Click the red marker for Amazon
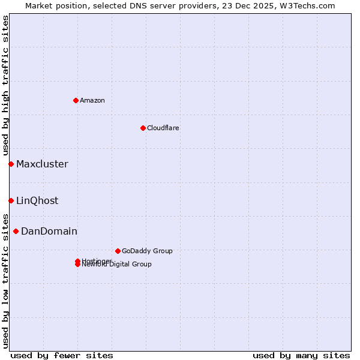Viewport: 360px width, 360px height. (76, 100)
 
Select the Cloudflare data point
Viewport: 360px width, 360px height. (143, 128)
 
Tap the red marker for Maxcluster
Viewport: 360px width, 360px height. (11, 164)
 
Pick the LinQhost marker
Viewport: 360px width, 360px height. (11, 200)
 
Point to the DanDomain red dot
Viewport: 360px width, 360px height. (16, 231)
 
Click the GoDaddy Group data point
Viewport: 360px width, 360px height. (118, 251)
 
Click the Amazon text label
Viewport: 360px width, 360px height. (92, 100)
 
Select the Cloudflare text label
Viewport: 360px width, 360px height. (163, 128)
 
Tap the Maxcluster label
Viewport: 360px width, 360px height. (42, 164)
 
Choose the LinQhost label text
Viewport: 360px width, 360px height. (37, 200)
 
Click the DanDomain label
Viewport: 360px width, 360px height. (49, 231)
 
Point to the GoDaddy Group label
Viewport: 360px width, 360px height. (147, 251)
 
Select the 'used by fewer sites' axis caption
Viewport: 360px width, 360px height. (62, 355)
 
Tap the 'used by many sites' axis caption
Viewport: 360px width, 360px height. (301, 355)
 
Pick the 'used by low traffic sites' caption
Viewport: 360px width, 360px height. (5, 280)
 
